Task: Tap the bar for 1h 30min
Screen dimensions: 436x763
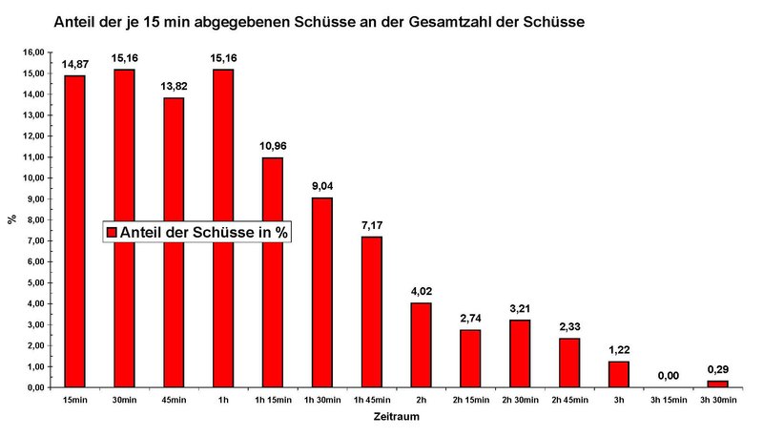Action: point(322,292)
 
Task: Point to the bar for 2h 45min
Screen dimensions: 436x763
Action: point(569,363)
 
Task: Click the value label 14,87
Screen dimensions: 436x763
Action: point(74,65)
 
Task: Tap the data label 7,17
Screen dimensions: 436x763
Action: point(372,225)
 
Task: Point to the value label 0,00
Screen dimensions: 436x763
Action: point(669,375)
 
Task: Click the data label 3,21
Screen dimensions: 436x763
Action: point(520,309)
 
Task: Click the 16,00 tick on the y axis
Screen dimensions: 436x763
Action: point(34,52)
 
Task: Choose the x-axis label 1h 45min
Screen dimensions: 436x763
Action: point(371,399)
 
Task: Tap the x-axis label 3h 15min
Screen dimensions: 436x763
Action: point(669,399)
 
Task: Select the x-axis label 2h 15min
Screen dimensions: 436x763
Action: point(470,399)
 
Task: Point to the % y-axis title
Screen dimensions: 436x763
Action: point(11,219)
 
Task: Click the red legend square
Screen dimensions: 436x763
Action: point(111,232)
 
